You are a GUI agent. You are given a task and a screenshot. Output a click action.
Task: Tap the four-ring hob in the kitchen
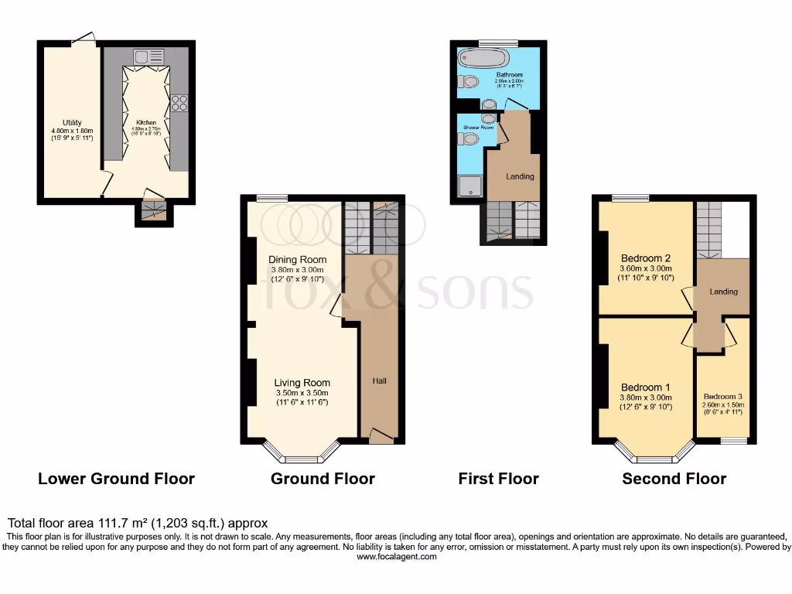(x=179, y=103)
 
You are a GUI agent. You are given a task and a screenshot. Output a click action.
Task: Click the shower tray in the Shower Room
(x=469, y=186)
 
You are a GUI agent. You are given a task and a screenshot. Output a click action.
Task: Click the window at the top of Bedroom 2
(x=630, y=199)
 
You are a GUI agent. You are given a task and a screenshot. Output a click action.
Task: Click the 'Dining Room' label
(x=297, y=259)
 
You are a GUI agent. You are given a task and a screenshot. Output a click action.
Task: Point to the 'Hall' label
(x=379, y=381)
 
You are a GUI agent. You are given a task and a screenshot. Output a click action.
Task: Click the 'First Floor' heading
(x=498, y=479)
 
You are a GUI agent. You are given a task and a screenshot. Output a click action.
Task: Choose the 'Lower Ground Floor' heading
(x=116, y=479)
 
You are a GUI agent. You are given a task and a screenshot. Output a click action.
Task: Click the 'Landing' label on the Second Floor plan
(x=723, y=292)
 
